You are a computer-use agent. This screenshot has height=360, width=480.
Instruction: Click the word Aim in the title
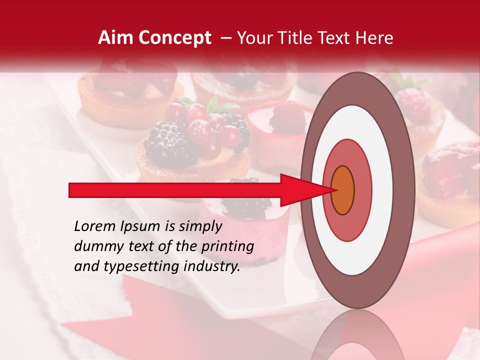(114, 38)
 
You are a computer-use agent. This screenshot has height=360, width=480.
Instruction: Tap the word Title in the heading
(298, 38)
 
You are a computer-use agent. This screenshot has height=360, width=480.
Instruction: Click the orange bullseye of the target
(342, 190)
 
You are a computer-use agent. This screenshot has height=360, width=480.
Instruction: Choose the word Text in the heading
(337, 38)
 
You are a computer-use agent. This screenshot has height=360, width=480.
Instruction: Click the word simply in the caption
(200, 226)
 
